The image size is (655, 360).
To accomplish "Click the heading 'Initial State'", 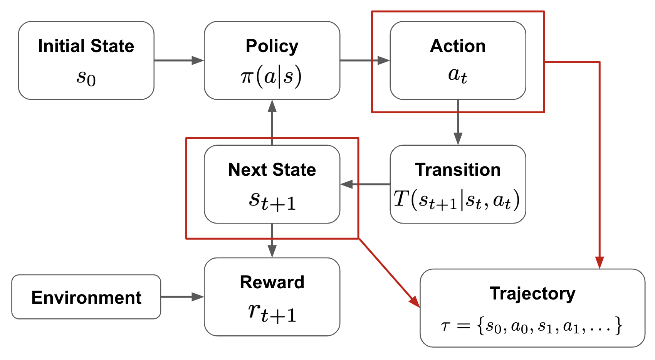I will pyautogui.click(x=86, y=46).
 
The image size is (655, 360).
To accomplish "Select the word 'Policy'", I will pyautogui.click(x=272, y=46).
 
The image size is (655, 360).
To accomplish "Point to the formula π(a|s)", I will pyautogui.click(x=271, y=76).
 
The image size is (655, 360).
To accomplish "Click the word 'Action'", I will pyautogui.click(x=458, y=46).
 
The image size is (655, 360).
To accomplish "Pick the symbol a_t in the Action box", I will pyautogui.click(x=458, y=75).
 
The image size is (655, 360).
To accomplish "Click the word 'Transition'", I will pyautogui.click(x=458, y=170).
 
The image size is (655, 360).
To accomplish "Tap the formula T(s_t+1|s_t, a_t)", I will pyautogui.click(x=457, y=200).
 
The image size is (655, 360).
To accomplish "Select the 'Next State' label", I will pyautogui.click(x=272, y=170).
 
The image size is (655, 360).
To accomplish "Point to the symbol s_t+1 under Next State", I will pyautogui.click(x=272, y=201).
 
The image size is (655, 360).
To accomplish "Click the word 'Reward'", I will pyautogui.click(x=272, y=282).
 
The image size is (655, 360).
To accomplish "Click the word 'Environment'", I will pyautogui.click(x=86, y=298).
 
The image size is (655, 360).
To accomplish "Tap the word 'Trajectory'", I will pyautogui.click(x=532, y=293).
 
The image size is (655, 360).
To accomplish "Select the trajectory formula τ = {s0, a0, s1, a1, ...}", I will pyautogui.click(x=532, y=326).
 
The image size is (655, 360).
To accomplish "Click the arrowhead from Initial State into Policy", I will pyautogui.click(x=198, y=61).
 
